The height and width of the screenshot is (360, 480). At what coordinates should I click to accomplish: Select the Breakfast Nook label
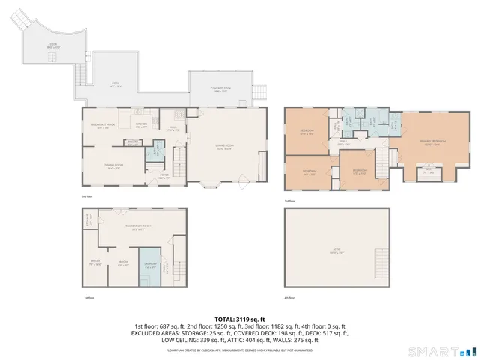pos(103,126)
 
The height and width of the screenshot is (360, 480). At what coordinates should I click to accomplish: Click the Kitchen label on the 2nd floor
pos(139,126)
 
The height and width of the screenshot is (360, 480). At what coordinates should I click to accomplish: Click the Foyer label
pos(163,176)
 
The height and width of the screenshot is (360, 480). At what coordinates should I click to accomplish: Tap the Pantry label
pos(132,141)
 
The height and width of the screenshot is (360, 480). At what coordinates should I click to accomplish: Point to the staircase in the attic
pos(382,266)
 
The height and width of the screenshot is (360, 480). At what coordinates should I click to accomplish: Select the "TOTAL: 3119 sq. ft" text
pos(240,319)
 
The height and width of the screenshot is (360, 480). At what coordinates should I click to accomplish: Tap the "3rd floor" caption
pos(290,201)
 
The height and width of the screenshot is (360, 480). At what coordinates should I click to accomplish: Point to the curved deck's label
pos(53,45)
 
